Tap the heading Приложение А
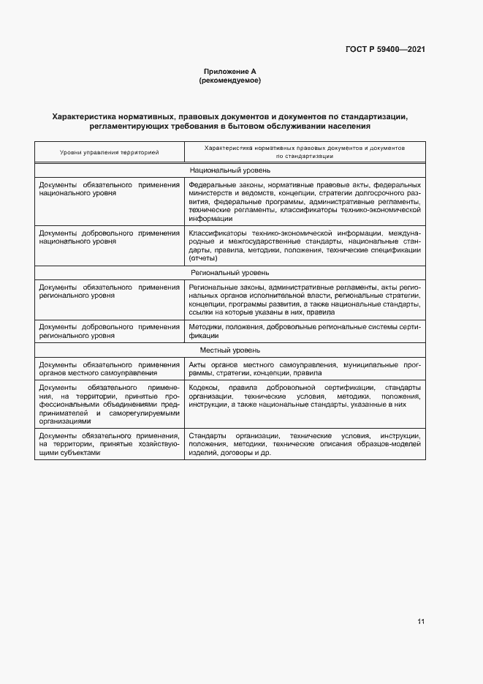(x=229, y=72)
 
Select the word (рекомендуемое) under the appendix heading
(x=229, y=80)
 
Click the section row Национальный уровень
(x=229, y=170)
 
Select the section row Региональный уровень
(x=229, y=272)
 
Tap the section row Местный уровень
(x=229, y=350)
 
